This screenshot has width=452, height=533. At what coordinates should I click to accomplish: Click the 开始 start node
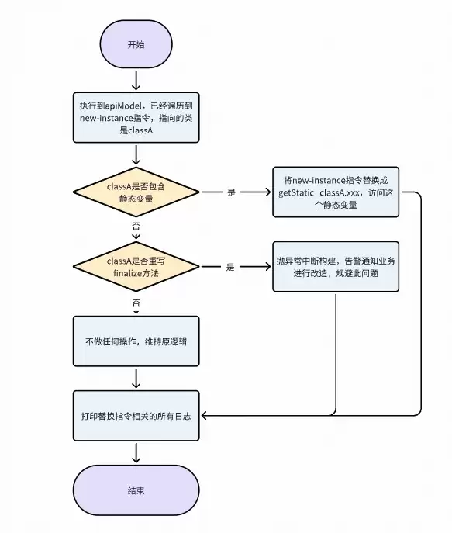click(x=136, y=44)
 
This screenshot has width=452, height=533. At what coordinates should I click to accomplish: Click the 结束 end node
click(x=136, y=490)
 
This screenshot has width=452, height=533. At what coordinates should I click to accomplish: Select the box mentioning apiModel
click(x=136, y=117)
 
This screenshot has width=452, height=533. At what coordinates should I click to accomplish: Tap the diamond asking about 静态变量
click(x=136, y=192)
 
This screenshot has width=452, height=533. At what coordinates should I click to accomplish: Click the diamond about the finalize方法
click(x=136, y=267)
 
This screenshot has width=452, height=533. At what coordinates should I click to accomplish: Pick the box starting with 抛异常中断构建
click(x=336, y=266)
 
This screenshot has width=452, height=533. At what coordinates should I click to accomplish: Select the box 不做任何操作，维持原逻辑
click(x=136, y=341)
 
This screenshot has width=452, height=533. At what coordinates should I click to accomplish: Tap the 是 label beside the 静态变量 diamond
click(x=231, y=192)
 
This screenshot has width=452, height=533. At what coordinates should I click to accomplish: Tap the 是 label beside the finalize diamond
click(x=230, y=267)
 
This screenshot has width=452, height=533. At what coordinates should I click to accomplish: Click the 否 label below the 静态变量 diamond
click(x=136, y=226)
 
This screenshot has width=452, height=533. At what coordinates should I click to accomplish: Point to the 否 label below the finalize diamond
click(x=136, y=301)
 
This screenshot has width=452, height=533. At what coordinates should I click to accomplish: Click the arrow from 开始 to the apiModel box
click(x=136, y=79)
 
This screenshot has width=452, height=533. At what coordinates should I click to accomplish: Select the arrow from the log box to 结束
click(x=136, y=453)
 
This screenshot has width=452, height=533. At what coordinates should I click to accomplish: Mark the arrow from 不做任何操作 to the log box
click(x=136, y=379)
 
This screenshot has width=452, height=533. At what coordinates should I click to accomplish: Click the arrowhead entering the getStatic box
click(x=267, y=192)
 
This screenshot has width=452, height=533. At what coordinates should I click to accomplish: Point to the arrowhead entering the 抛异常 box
click(x=267, y=267)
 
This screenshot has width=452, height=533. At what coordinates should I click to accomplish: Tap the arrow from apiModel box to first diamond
click(x=136, y=154)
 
